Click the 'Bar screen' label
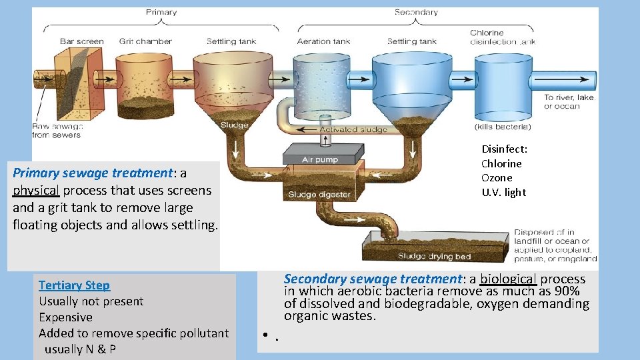click(81, 41)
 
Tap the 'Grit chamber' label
click(145, 41)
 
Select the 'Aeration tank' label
click(323, 41)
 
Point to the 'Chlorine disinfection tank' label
click(502, 37)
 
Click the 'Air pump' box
click(320, 160)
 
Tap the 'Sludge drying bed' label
click(434, 256)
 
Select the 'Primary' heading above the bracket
click(161, 12)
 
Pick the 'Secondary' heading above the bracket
click(416, 12)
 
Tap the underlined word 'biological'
click(509, 279)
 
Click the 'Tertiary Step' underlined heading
click(74, 285)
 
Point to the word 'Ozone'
click(497, 178)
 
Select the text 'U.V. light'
click(503, 193)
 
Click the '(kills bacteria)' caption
click(503, 127)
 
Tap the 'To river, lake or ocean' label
click(568, 102)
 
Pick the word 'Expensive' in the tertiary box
click(65, 317)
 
